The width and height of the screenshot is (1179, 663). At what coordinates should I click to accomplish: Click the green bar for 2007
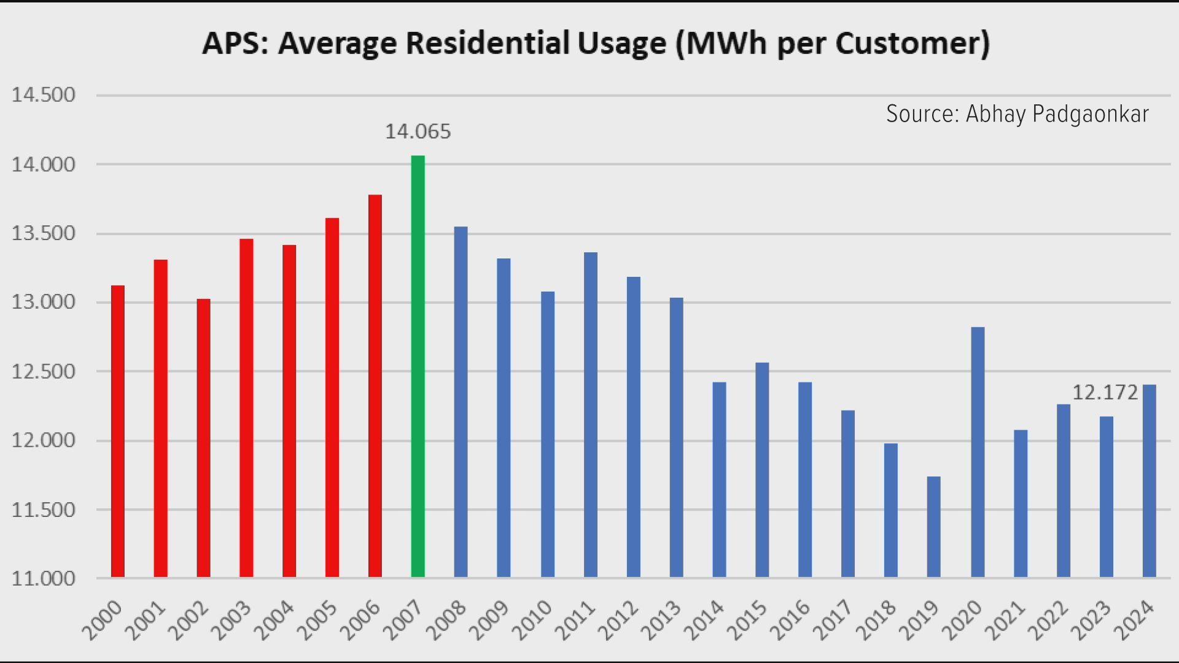tap(418, 368)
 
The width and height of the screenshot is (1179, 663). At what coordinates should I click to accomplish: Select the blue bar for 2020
tap(978, 454)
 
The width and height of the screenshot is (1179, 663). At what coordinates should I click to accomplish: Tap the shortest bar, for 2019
tap(933, 528)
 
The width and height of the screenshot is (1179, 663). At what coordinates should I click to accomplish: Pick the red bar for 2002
tap(203, 439)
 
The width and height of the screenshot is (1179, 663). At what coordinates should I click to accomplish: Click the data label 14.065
tap(418, 131)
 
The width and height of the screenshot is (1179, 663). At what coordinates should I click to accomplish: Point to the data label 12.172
tap(1104, 392)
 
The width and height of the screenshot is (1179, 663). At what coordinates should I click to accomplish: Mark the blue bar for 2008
tap(461, 402)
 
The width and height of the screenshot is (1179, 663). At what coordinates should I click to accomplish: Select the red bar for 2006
tap(375, 387)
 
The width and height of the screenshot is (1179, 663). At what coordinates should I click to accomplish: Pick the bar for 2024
tap(1149, 482)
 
